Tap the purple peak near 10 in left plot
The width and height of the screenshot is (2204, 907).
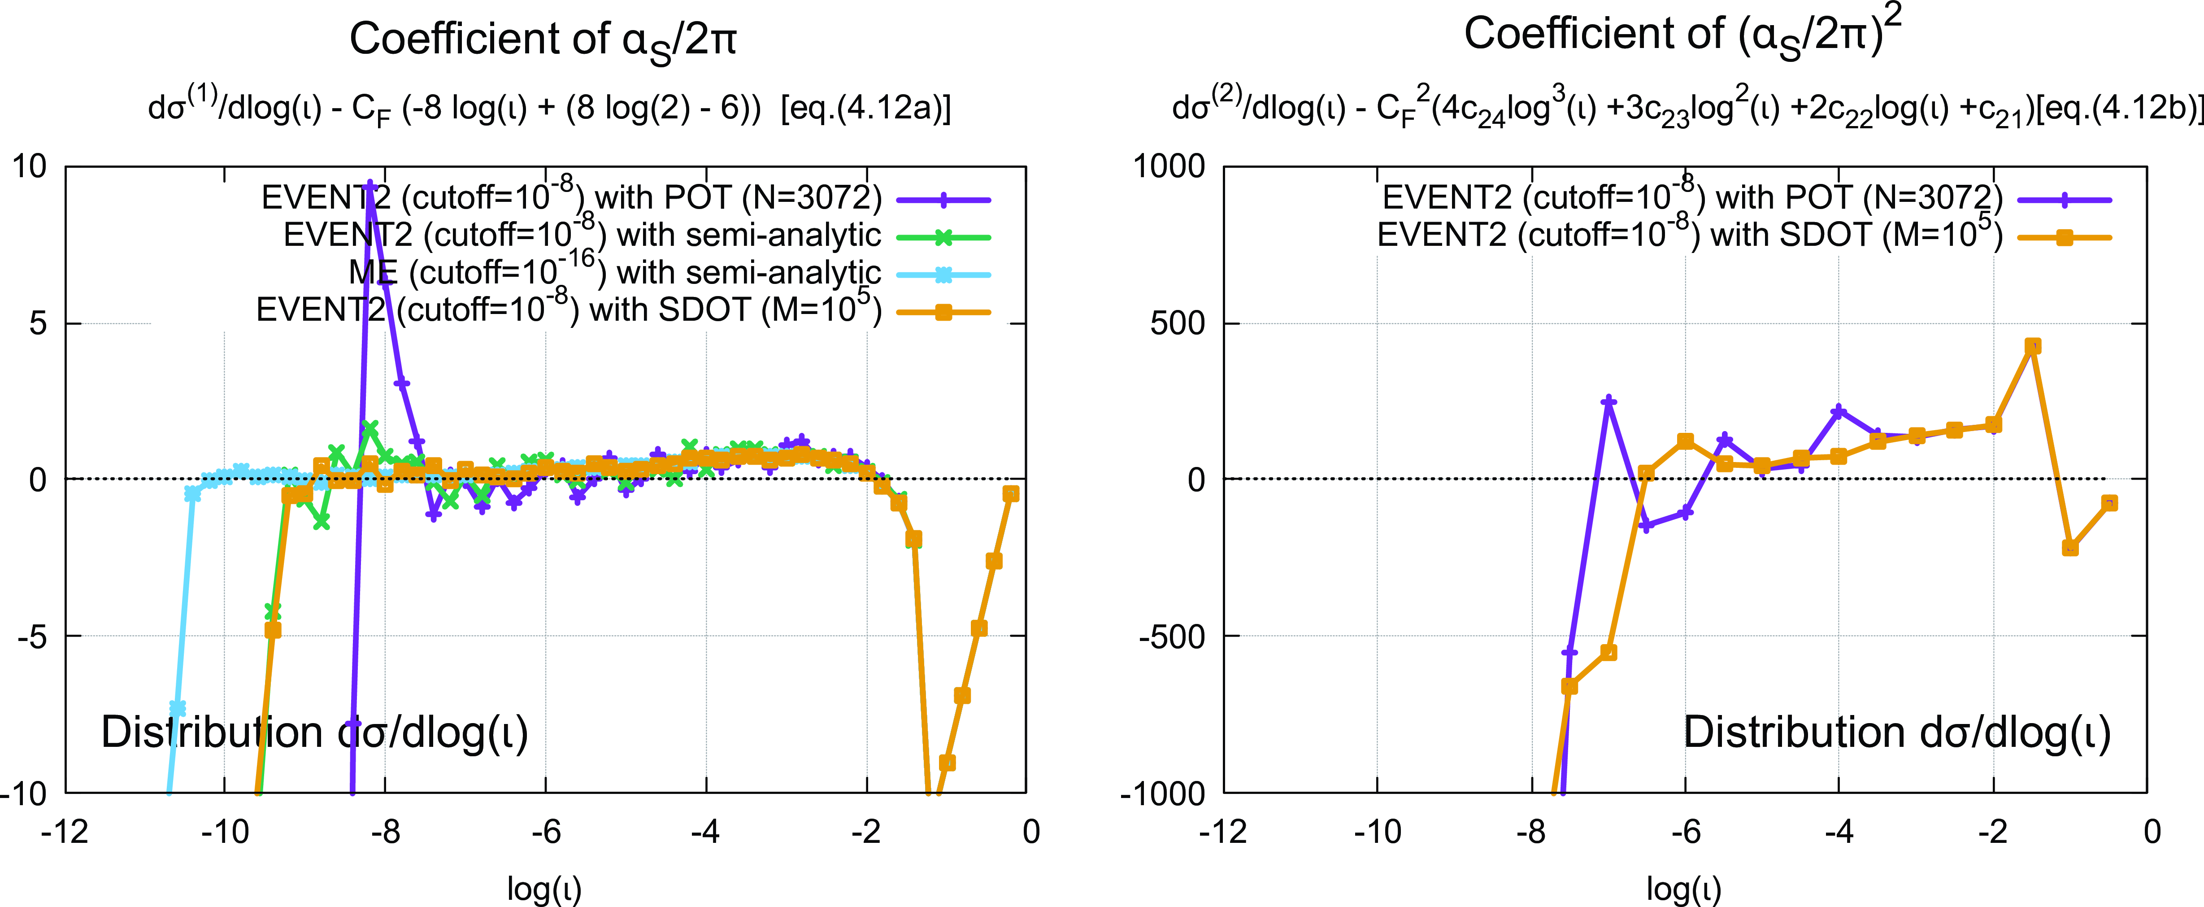pos(370,184)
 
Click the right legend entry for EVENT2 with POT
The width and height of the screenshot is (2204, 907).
pos(1692,198)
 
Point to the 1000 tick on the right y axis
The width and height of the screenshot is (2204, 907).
pos(1169,166)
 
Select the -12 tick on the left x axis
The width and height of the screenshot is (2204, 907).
pos(65,831)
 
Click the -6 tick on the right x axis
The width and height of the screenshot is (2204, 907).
pos(1686,831)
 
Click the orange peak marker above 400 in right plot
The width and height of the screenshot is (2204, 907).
pos(2033,346)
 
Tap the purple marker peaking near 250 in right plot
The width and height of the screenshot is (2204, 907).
pos(1608,401)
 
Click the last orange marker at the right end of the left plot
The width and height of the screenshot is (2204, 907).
pos(1010,494)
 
